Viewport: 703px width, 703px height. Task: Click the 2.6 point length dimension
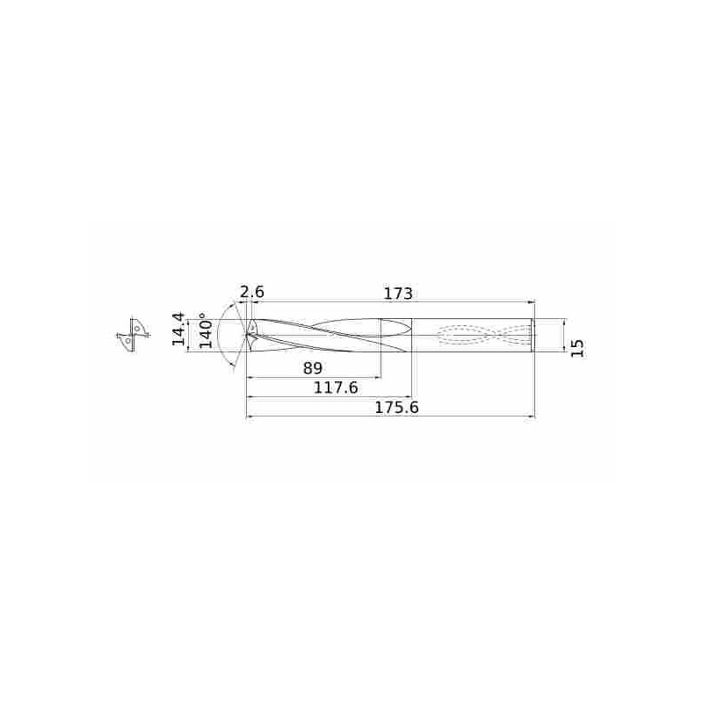(x=252, y=292)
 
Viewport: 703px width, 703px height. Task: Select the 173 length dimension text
(x=398, y=294)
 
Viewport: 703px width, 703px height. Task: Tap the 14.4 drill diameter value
(x=179, y=329)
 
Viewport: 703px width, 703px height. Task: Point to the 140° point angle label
(x=206, y=331)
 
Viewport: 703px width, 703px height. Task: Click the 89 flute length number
(x=313, y=368)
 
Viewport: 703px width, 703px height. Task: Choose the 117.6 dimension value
(x=336, y=387)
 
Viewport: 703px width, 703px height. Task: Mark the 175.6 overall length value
(x=396, y=408)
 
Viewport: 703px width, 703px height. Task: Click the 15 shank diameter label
(x=578, y=348)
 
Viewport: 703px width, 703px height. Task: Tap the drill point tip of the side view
(x=247, y=335)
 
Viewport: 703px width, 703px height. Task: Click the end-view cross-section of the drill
(x=133, y=335)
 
